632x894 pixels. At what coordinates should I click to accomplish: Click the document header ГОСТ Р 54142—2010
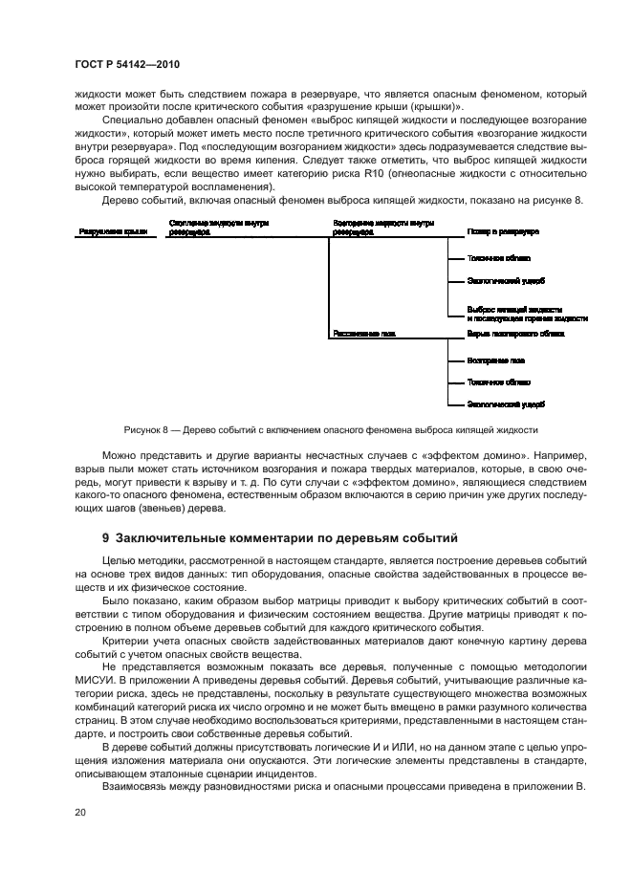coord(127,64)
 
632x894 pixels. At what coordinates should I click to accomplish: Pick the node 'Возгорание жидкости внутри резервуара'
coord(383,227)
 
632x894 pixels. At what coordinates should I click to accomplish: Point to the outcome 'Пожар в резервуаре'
coord(503,231)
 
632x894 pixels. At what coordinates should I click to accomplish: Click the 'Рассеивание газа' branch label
coord(364,335)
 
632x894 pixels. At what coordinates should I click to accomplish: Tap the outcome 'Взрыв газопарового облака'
coord(515,335)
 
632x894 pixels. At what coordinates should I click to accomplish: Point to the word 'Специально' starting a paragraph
coord(130,121)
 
